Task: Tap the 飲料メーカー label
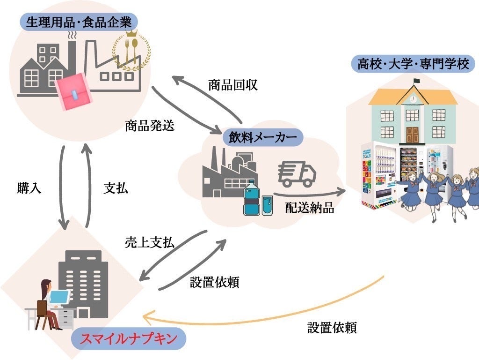(x=262, y=137)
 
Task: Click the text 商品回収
(x=232, y=85)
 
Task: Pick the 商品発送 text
(x=149, y=126)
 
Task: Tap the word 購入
(x=29, y=188)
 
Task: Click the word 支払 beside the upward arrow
(x=115, y=188)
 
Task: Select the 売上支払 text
(x=149, y=242)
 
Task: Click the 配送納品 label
(x=310, y=208)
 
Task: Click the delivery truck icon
(x=297, y=174)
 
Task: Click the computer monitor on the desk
(x=59, y=297)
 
